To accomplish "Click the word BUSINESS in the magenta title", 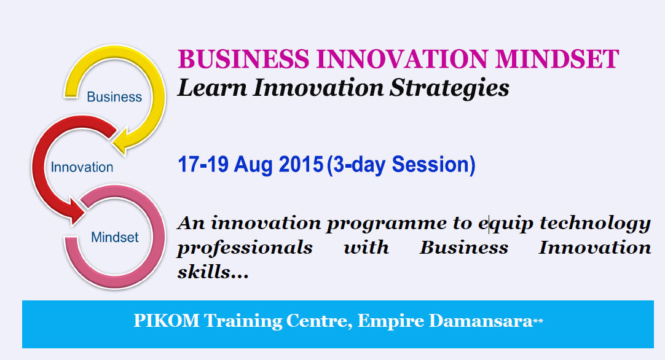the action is click(243, 59).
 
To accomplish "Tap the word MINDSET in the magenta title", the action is click(557, 59).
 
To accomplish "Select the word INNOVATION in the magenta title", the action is click(402, 59).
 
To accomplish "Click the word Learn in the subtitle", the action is click(212, 88).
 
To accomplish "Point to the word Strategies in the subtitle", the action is click(449, 88).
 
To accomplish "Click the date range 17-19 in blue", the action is click(203, 165).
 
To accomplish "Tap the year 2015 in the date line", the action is click(301, 165).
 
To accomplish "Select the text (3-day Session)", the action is click(401, 165).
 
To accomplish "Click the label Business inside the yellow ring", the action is click(114, 97).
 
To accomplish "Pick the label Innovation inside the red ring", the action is click(82, 167).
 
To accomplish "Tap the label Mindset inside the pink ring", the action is click(114, 237).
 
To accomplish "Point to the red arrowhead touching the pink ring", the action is click(77, 210).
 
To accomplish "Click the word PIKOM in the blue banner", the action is click(166, 321).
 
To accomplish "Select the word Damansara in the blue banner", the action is click(481, 321).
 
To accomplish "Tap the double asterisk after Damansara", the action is click(538, 322).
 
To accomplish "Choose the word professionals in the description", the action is click(245, 248).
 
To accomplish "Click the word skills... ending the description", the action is click(213, 272).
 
